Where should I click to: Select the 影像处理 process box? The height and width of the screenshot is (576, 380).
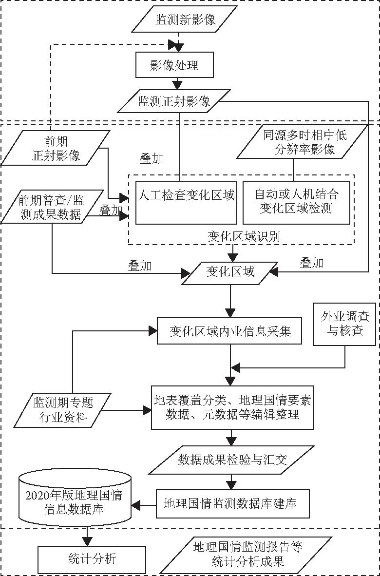pos(174,65)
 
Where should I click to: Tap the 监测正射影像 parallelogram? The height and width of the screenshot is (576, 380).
pos(174,101)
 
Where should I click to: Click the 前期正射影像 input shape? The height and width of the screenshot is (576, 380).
pos(55,148)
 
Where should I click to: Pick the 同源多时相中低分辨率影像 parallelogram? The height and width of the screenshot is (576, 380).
pos(298,142)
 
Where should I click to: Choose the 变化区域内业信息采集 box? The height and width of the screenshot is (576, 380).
pos(230,331)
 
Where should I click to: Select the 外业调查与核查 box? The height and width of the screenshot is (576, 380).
pos(345,324)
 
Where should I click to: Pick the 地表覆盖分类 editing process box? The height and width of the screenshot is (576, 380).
pos(232,408)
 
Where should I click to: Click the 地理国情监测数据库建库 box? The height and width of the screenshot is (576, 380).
pos(233,503)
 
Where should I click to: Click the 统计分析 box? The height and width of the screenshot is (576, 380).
pos(92,559)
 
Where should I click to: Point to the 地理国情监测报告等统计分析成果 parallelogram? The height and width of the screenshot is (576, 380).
pos(247,554)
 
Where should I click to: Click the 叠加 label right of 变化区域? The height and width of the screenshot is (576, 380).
pos(312,263)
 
